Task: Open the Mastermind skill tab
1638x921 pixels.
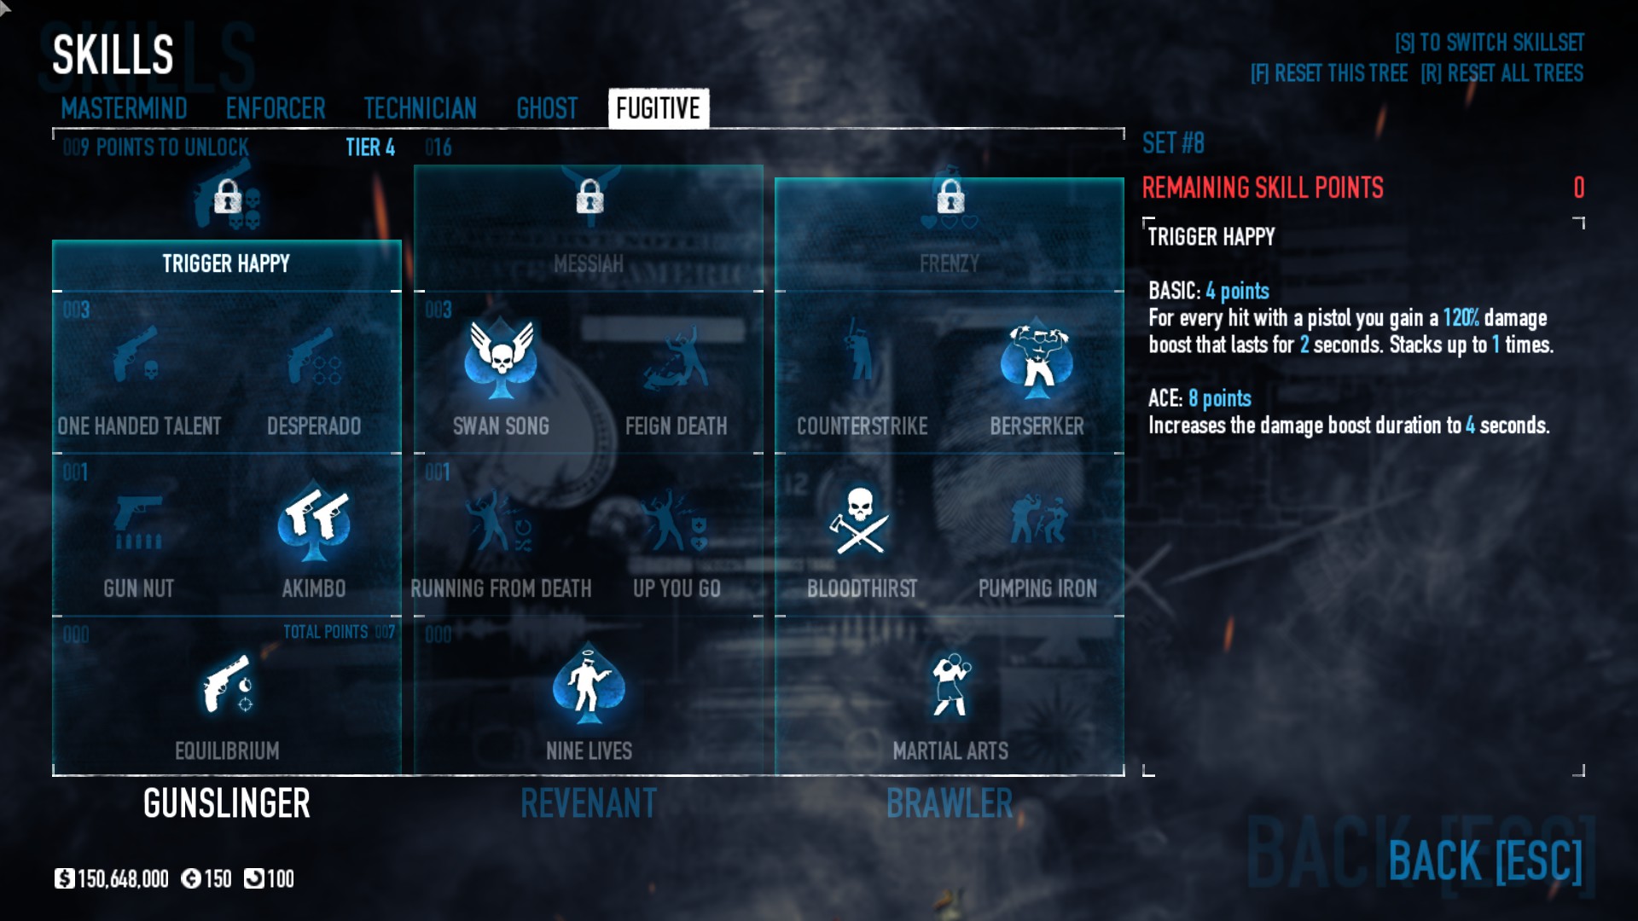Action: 124,108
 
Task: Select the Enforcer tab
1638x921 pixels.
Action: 276,108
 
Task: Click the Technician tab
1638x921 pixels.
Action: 420,108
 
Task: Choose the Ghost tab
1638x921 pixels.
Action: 547,108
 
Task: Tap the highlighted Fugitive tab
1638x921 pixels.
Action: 658,108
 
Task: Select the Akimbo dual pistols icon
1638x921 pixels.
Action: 314,523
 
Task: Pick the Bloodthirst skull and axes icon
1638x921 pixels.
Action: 860,520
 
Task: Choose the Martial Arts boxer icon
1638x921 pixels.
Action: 950,684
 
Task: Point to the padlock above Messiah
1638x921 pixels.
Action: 590,197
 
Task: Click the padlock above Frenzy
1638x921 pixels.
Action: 950,197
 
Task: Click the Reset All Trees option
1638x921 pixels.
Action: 1501,73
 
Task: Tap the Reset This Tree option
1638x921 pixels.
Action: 1328,73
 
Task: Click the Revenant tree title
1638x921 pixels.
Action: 589,803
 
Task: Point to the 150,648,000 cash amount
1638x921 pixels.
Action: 122,879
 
